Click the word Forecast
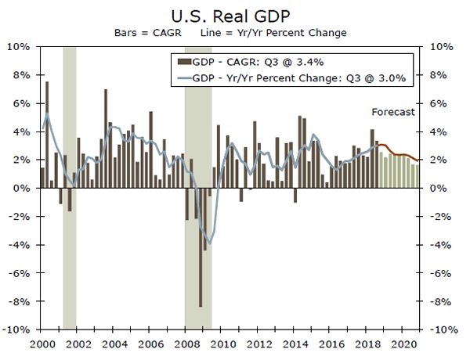tap(393, 112)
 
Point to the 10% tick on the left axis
tap(20, 47)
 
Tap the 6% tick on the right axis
tap(436, 103)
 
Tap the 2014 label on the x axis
tap(295, 344)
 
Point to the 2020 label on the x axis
tap(405, 344)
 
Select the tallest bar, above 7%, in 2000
tap(47, 117)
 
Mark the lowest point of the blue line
tap(209, 243)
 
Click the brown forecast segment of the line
tap(399, 155)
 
